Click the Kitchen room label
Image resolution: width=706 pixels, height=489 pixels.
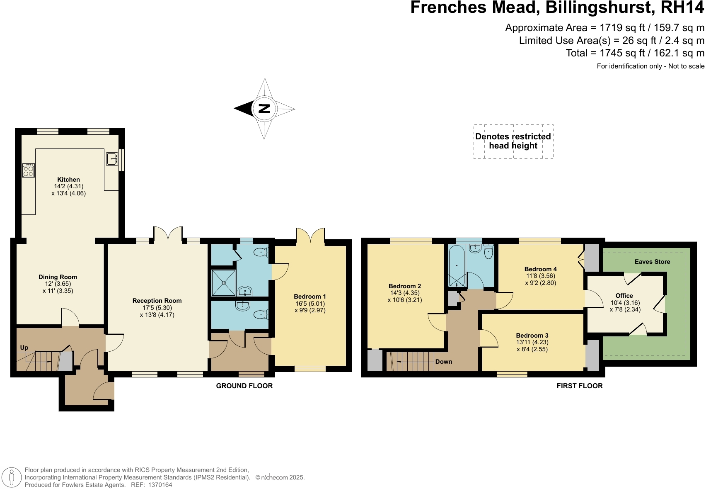pyautogui.click(x=68, y=180)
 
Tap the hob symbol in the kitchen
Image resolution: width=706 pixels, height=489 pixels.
pyautogui.click(x=29, y=170)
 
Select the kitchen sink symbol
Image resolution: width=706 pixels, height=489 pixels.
pyautogui.click(x=112, y=158)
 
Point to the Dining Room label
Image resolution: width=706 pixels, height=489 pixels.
pyautogui.click(x=58, y=277)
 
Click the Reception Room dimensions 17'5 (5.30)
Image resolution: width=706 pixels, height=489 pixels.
pyautogui.click(x=157, y=308)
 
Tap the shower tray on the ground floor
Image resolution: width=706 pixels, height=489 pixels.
pyautogui.click(x=224, y=283)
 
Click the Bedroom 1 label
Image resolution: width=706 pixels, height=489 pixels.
pyautogui.click(x=310, y=297)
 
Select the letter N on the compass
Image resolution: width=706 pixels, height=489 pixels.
pyautogui.click(x=264, y=109)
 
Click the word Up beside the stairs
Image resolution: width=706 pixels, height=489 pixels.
pyautogui.click(x=24, y=348)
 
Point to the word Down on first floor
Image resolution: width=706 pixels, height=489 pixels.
pyautogui.click(x=443, y=362)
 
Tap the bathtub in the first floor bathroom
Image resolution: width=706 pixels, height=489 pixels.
pyautogui.click(x=457, y=265)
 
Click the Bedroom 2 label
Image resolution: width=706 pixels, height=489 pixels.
pyautogui.click(x=405, y=286)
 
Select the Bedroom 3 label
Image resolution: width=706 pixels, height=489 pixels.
pyautogui.click(x=532, y=336)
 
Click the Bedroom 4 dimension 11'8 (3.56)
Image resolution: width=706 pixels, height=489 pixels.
pyautogui.click(x=540, y=276)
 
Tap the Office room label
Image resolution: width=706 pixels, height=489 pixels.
pyautogui.click(x=624, y=296)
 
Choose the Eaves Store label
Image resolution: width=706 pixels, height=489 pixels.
pyautogui.click(x=652, y=262)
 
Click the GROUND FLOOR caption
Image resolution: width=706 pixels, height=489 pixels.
pyautogui.click(x=244, y=386)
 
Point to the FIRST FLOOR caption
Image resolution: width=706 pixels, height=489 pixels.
pyautogui.click(x=579, y=386)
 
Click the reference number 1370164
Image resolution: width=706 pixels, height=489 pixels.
pyautogui.click(x=160, y=485)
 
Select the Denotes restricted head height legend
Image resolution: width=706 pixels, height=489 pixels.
pyautogui.click(x=513, y=141)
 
